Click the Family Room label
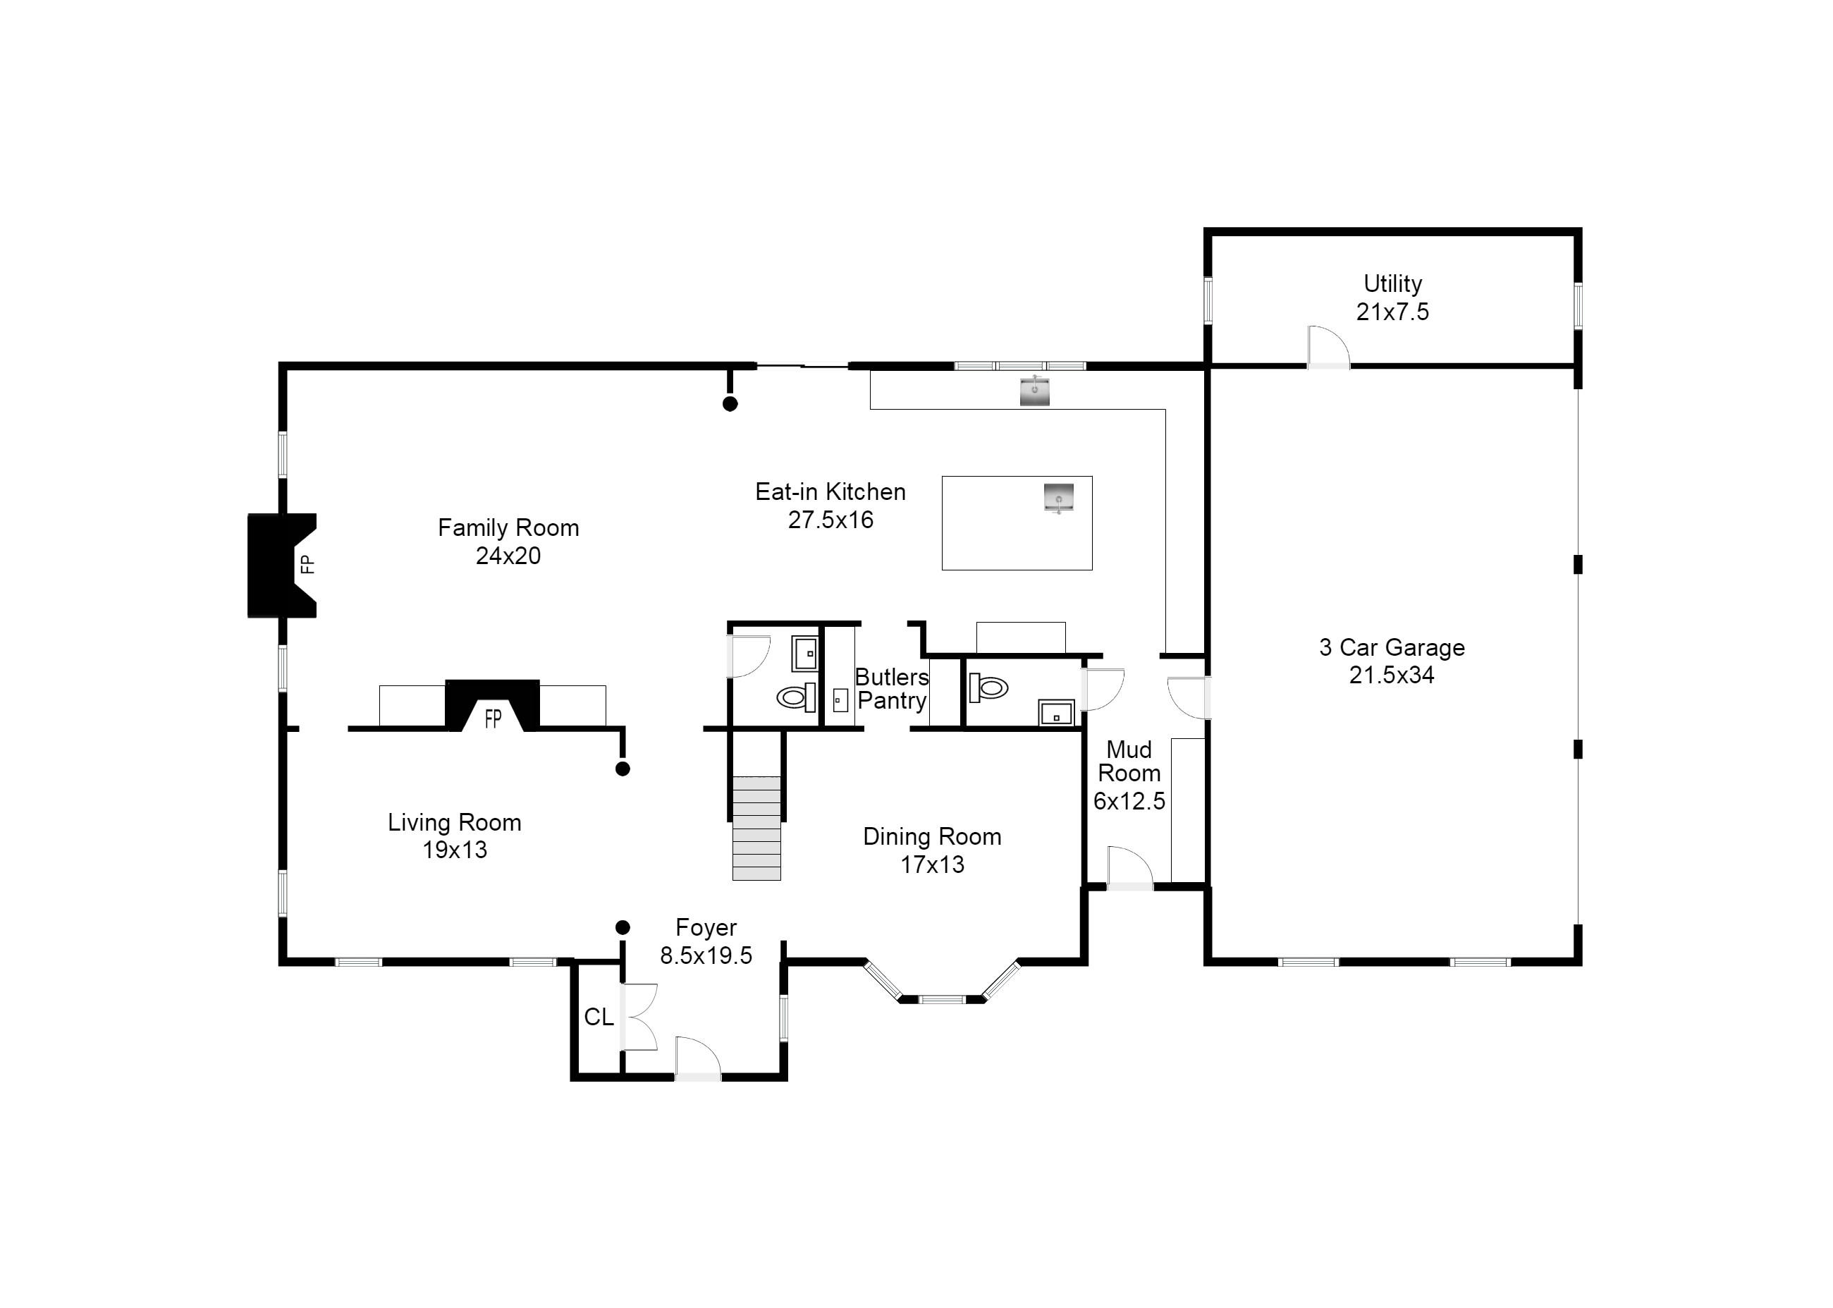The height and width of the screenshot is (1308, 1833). (508, 527)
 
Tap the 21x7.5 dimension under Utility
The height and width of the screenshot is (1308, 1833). (1392, 312)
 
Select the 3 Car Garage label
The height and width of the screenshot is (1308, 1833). (1392, 647)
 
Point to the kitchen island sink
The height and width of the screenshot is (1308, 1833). (1059, 498)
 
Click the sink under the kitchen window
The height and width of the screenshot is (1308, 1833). (1035, 391)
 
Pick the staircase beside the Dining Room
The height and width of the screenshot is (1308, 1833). (756, 828)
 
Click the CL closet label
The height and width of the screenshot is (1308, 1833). (599, 1017)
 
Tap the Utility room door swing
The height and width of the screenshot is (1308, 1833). (1328, 346)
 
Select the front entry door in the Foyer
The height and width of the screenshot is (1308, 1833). (697, 1058)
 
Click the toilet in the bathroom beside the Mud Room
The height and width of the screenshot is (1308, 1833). (989, 687)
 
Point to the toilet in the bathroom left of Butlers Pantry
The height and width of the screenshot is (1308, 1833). (797, 697)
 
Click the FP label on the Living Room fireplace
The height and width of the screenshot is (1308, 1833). (493, 719)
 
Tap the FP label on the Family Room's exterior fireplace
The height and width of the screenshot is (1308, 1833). (307, 565)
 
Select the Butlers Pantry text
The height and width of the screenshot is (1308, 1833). (892, 689)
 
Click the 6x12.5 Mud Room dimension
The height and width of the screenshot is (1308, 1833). (1129, 800)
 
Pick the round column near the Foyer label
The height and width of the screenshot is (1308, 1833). (623, 928)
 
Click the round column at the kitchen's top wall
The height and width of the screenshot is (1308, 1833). (730, 404)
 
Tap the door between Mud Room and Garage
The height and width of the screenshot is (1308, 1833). (1189, 697)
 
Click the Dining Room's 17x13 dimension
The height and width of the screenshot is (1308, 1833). (932, 864)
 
